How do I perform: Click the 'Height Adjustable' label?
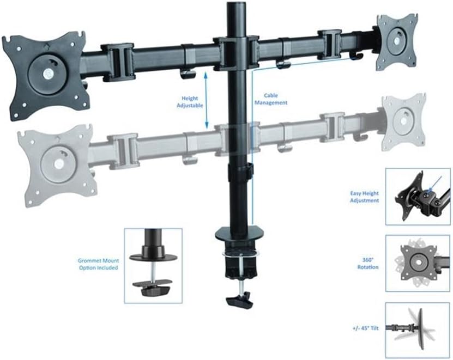pos(190,102)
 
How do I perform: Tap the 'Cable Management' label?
pos(271,99)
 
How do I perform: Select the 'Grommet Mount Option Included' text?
pos(98,264)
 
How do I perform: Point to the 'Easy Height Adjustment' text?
pos(364,197)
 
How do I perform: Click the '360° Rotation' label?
pos(368,264)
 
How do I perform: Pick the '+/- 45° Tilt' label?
pos(365,328)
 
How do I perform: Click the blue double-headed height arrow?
pos(206,100)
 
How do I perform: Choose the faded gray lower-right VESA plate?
pos(403,121)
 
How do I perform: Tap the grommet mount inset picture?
pos(153,266)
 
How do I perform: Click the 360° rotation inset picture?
pos(418,263)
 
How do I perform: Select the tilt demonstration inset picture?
pos(418,330)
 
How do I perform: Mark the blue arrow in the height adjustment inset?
pos(435,184)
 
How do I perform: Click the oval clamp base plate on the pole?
pos(240,233)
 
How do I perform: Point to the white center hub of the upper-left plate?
pos(47,75)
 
